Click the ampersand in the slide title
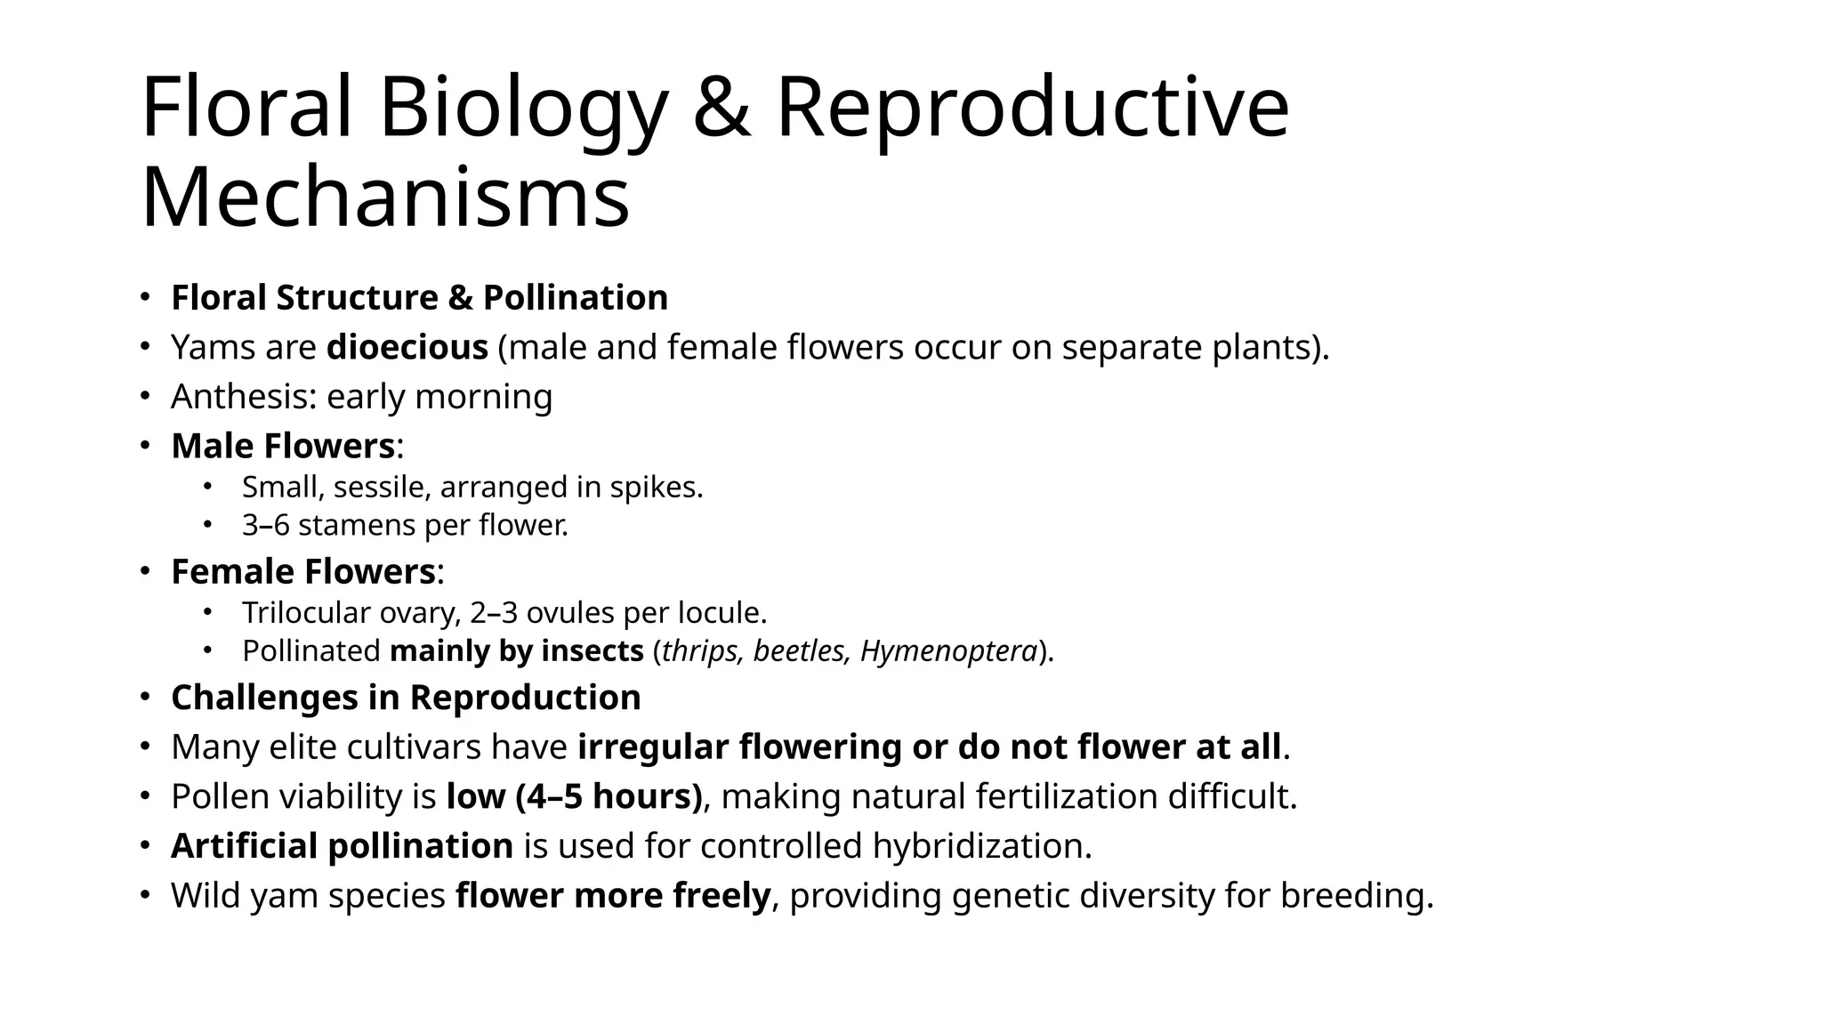pos(722,109)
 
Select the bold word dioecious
pos(407,347)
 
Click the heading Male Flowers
pos(283,446)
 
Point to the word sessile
pos(382,488)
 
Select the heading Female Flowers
pos(302,571)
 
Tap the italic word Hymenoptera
pos(948,651)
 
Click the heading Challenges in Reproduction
pos(406,698)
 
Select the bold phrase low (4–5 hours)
pos(574,796)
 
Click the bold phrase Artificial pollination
pos(342,846)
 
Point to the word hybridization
pos(980,846)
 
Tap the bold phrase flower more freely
pos(612,896)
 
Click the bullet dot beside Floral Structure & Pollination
pos(144,298)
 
